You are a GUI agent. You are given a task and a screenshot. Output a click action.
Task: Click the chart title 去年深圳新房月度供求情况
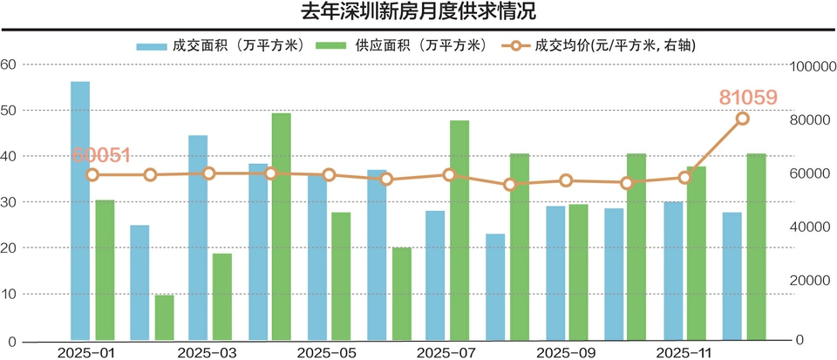pos(418,12)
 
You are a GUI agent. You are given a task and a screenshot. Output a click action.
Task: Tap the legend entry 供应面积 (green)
pos(401,45)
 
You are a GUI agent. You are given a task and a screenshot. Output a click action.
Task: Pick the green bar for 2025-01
pos(105,269)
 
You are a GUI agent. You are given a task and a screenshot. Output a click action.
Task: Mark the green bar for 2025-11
pos(697,253)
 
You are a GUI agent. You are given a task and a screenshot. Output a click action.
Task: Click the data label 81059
pos(748,98)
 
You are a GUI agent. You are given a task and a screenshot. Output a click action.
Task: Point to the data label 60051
pos(102,155)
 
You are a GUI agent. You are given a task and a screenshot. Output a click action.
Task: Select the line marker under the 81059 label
pos(743,119)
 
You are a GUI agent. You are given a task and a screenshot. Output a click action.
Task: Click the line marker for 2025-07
pos(449,174)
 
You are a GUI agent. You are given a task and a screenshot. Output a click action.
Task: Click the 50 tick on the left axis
pos(9,111)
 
